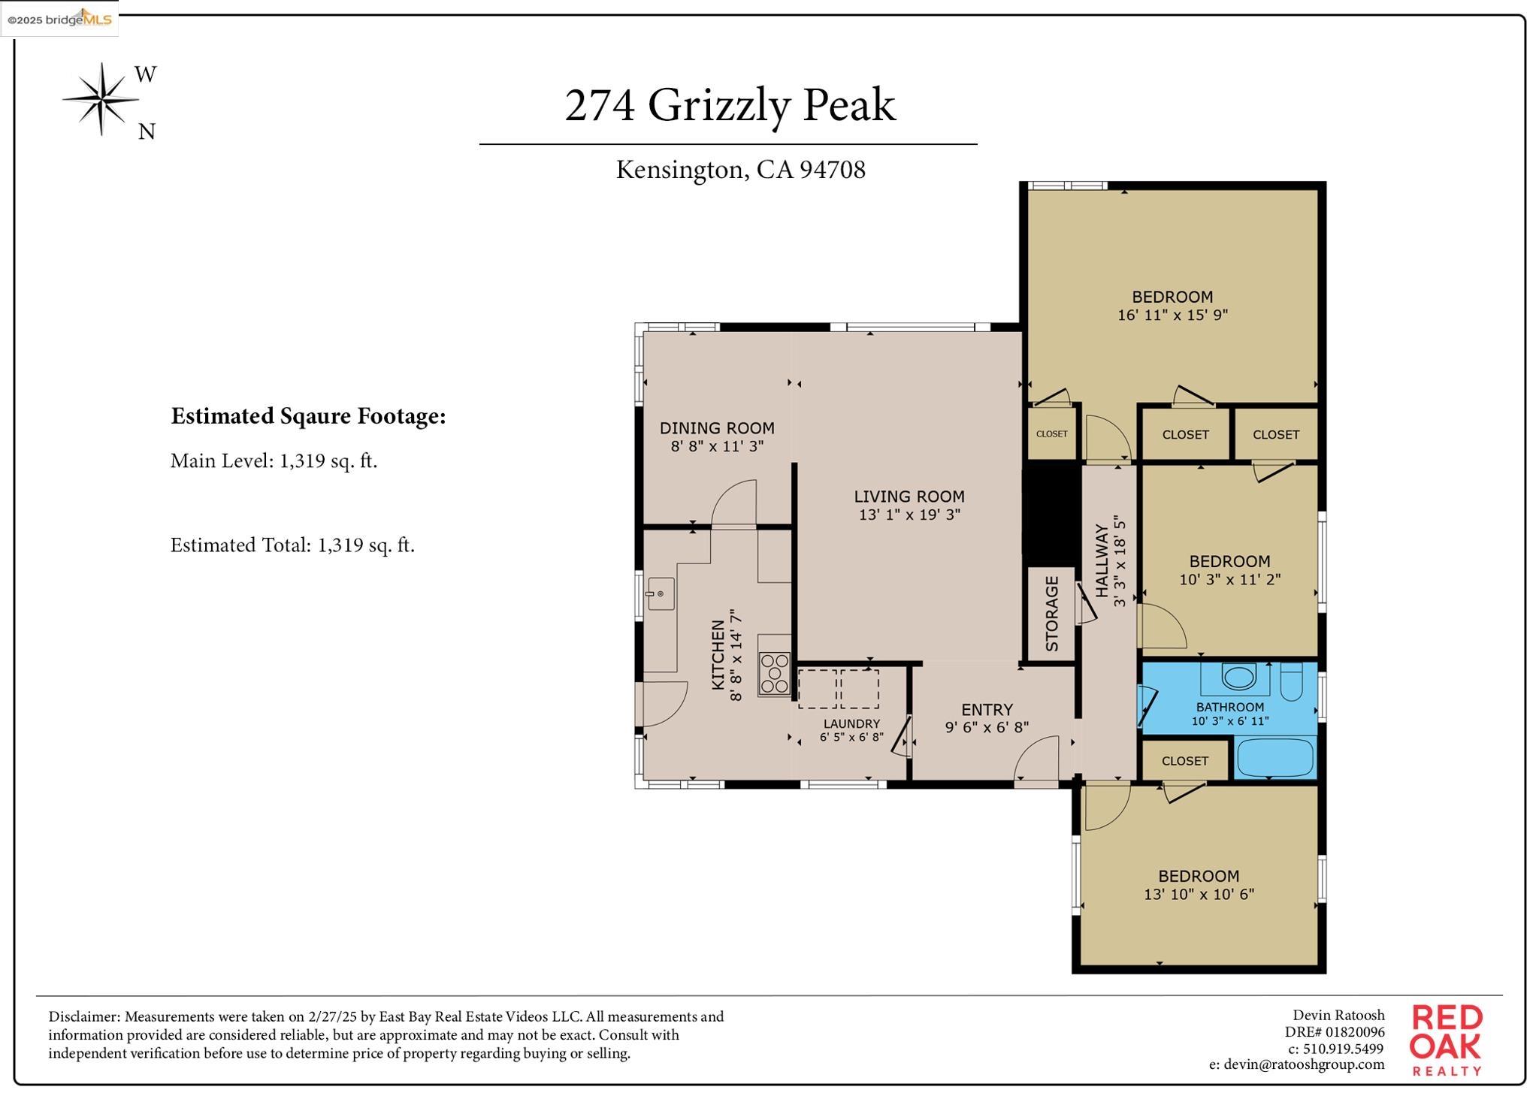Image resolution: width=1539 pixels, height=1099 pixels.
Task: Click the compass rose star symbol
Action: point(101,99)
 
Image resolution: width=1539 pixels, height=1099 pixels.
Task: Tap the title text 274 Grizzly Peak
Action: point(729,104)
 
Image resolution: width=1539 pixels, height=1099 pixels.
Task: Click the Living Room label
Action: point(909,497)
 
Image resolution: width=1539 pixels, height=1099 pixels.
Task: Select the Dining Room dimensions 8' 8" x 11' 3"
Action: point(717,446)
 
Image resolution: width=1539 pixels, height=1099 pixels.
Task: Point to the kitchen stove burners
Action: point(774,673)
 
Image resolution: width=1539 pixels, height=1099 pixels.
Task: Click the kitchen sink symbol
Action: point(661,594)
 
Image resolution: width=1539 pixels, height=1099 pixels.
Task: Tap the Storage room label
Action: point(1051,614)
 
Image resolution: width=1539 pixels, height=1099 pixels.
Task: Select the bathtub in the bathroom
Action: point(1274,758)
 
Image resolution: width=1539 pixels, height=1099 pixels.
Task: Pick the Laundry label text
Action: point(851,724)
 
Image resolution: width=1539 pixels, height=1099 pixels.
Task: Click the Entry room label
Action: point(987,710)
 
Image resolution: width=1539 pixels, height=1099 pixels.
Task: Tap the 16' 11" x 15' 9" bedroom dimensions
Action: point(1172,316)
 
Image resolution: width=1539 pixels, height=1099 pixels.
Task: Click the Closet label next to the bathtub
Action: point(1184,761)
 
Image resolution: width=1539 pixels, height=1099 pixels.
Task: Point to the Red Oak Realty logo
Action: point(1446,1040)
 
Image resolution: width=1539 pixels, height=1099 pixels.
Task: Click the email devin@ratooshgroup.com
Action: point(1296,1064)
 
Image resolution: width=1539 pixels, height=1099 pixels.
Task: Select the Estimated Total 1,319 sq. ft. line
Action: point(292,545)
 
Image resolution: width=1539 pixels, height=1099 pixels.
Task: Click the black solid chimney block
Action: point(1051,515)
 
